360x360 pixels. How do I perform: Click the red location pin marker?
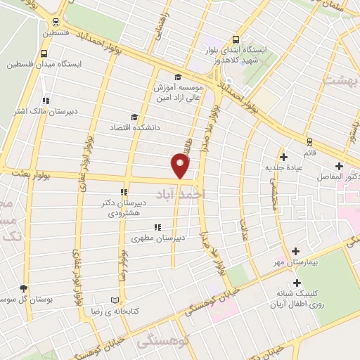pyautogui.click(x=180, y=167)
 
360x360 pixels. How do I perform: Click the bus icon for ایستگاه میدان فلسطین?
pyautogui.click(x=44, y=53)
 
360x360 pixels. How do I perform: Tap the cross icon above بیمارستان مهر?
pyautogui.click(x=295, y=252)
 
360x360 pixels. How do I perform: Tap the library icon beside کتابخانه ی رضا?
pyautogui.click(x=115, y=300)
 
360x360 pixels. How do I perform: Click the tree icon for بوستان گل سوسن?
pyautogui.click(x=24, y=288)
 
